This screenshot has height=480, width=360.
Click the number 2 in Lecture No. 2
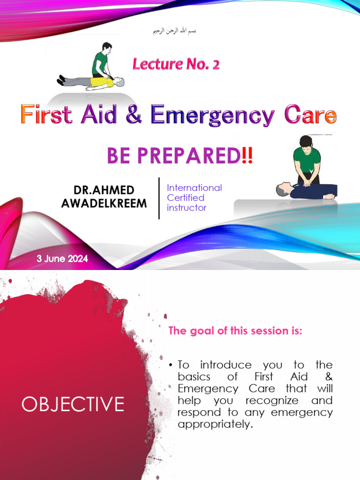(x=215, y=64)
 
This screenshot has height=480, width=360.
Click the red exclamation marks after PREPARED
(x=247, y=156)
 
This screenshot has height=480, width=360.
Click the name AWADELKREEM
(x=104, y=203)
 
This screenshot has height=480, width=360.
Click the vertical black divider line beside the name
(x=159, y=198)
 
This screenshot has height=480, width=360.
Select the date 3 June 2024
(x=62, y=258)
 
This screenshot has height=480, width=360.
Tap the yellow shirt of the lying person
(x=101, y=82)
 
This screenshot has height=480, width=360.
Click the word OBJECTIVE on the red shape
(x=73, y=404)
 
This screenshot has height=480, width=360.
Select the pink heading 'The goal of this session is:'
(x=235, y=331)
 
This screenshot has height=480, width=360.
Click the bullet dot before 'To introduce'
(x=171, y=365)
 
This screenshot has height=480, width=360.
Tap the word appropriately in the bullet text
(x=215, y=424)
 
